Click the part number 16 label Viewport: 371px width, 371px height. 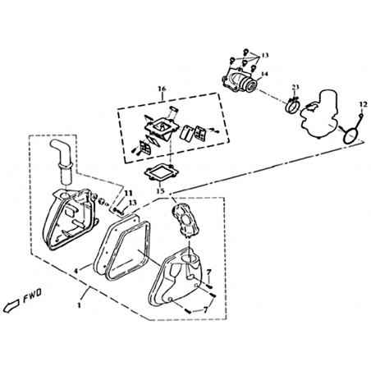(162, 89)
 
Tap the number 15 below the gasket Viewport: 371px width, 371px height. (161, 190)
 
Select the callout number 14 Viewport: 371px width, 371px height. (264, 74)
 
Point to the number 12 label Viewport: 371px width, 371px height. (363, 104)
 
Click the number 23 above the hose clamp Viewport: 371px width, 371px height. (295, 87)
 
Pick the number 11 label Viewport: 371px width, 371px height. (128, 194)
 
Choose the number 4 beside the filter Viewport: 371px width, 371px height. (76, 271)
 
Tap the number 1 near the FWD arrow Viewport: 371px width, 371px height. (80, 305)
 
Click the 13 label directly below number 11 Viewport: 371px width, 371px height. (132, 203)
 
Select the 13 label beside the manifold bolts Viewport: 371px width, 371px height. (265, 55)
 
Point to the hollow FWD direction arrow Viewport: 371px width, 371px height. (11, 305)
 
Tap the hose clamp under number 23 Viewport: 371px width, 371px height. (293, 105)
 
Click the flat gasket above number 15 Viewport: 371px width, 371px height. (162, 174)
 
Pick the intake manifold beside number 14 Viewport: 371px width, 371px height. (240, 80)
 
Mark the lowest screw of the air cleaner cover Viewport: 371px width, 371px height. (188, 311)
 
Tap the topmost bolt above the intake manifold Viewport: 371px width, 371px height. (245, 50)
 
